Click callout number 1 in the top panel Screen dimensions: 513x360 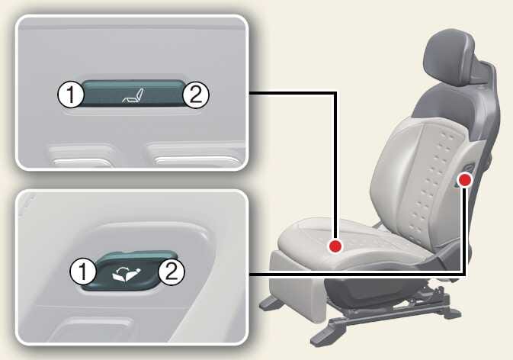point(71,95)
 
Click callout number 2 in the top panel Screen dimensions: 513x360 point(195,95)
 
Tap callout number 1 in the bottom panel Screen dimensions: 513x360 point(83,272)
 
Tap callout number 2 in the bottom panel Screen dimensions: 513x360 point(172,272)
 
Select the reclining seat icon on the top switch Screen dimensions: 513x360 point(133,95)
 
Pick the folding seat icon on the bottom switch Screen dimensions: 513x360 point(127,274)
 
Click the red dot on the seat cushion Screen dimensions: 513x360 point(335,246)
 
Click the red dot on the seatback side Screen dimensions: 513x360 point(464,180)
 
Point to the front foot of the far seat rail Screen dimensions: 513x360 point(271,303)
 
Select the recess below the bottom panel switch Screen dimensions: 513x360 point(95,329)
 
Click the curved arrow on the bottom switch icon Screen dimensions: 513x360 point(123,270)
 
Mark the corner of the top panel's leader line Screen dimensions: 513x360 point(335,93)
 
